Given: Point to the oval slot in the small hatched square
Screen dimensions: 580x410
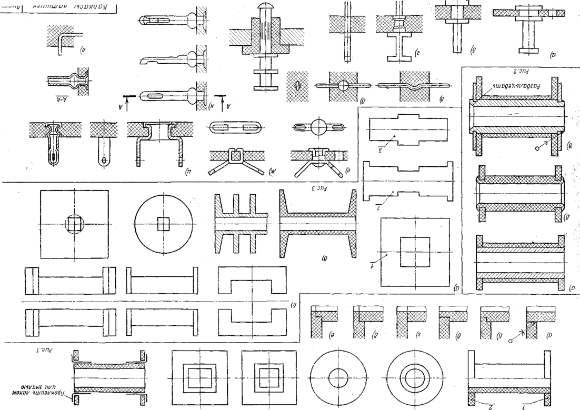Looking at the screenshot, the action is coord(297,85).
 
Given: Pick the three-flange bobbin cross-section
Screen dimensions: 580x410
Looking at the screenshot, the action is coord(240,224).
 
